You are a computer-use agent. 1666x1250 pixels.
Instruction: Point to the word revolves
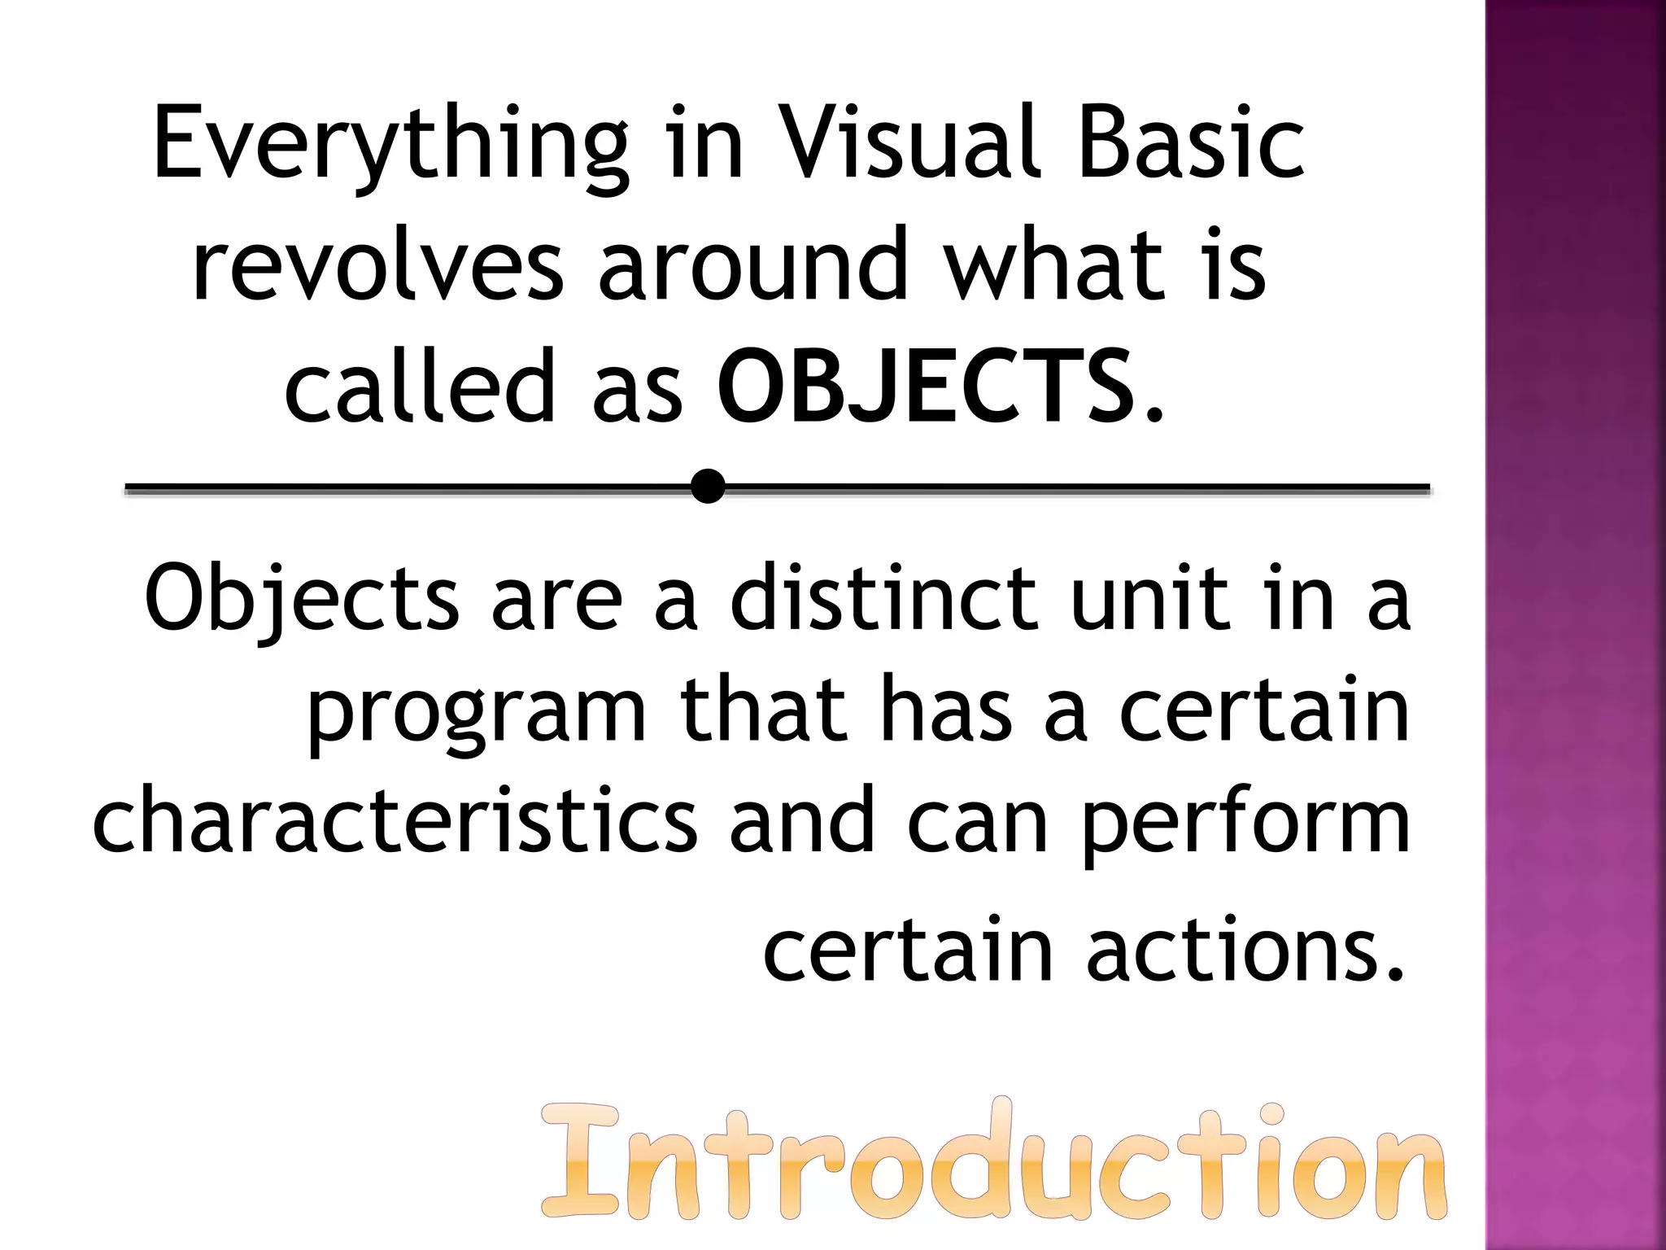[x=377, y=264]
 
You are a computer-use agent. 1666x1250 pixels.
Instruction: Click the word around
[x=753, y=264]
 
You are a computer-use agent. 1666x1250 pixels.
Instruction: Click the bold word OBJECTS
[x=926, y=386]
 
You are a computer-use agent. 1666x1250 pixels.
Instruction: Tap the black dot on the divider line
[x=709, y=487]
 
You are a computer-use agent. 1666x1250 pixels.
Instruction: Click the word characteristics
[x=395, y=822]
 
